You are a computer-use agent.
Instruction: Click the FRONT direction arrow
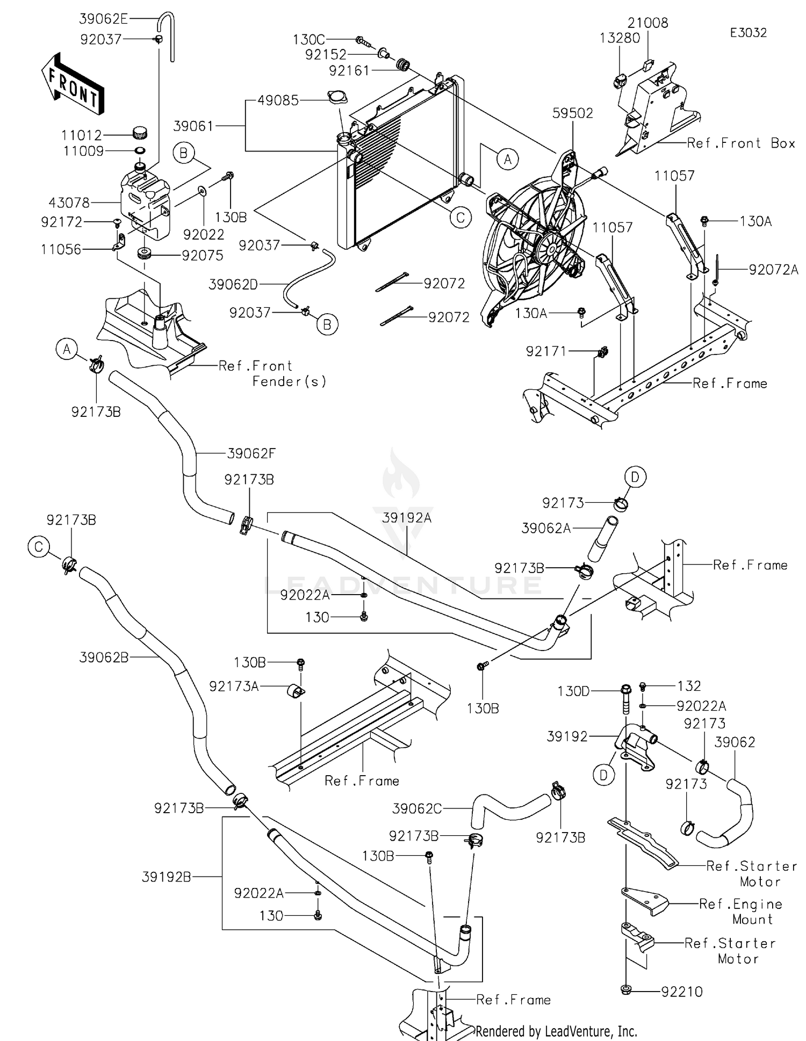72,84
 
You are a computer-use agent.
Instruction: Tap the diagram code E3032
748,33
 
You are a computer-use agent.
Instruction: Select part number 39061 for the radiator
193,126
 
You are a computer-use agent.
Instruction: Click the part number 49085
278,100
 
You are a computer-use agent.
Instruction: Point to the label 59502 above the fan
573,113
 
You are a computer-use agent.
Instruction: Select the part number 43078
69,203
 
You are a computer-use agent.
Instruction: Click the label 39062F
251,453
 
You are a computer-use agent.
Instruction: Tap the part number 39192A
407,518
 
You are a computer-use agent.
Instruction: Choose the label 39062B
104,657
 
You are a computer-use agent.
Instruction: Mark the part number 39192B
167,877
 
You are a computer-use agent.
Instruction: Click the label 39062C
417,808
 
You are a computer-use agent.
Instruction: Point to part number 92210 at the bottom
682,992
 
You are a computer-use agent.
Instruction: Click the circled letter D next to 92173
635,477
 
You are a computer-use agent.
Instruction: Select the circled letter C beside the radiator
460,218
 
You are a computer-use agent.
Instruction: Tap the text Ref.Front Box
741,143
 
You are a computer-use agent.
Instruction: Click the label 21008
648,23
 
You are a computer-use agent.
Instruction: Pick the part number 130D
573,691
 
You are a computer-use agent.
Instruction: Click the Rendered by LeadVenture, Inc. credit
556,1031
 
